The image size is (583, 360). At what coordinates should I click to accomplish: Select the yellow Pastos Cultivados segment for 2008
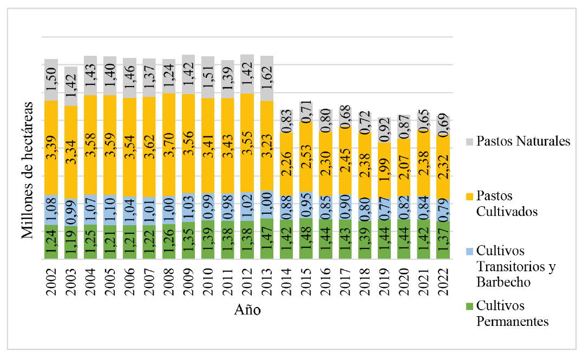coord(169,145)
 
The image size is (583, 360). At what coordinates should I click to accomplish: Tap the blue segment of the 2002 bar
coord(51,210)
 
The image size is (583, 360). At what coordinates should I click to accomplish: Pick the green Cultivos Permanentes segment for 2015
coord(306,239)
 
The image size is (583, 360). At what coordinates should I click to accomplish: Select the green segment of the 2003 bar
coord(71,243)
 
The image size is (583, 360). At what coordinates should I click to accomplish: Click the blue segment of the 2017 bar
coord(345,207)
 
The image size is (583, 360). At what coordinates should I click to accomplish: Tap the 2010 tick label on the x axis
coord(208,282)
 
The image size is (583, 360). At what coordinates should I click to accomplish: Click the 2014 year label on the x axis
coord(286,282)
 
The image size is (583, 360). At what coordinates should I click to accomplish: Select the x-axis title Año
coord(247,310)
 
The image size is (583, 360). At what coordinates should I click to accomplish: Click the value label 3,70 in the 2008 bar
coord(169,145)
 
